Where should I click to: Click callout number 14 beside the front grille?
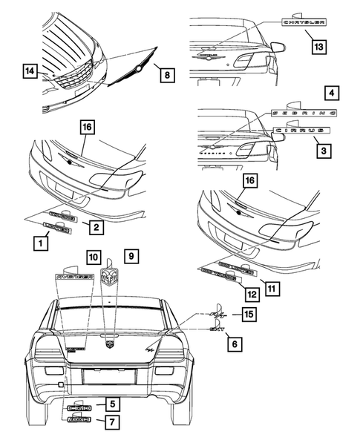click(29, 72)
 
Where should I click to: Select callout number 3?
click(324, 148)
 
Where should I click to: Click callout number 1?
click(35, 240)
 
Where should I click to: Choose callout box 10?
click(94, 256)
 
